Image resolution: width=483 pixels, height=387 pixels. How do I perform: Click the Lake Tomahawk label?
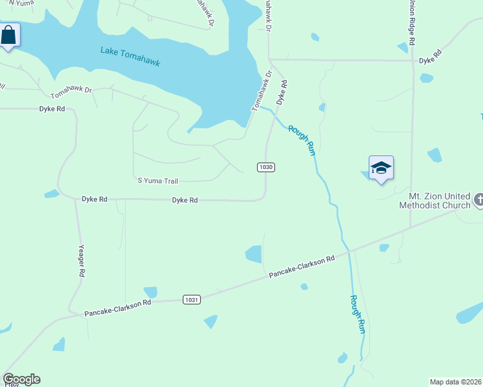point(130,57)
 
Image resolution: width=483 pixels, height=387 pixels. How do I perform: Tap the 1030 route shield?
point(266,167)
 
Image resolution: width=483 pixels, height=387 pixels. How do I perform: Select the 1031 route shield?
point(192,299)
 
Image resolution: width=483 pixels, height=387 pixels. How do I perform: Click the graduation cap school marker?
point(381,168)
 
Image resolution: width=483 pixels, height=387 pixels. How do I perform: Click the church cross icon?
point(478,200)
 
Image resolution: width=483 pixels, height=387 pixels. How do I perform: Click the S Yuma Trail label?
point(158,181)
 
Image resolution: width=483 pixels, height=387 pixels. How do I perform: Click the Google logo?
point(21,379)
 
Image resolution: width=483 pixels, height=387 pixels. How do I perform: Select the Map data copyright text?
point(456,382)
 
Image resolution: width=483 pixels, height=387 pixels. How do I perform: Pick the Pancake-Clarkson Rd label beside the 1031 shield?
point(118,308)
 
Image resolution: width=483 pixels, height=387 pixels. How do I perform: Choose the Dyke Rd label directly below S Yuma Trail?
point(185,200)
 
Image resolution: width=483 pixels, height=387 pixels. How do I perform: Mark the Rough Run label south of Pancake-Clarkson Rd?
point(358,313)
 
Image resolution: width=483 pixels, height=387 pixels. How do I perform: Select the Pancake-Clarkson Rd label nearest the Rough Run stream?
point(302,266)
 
